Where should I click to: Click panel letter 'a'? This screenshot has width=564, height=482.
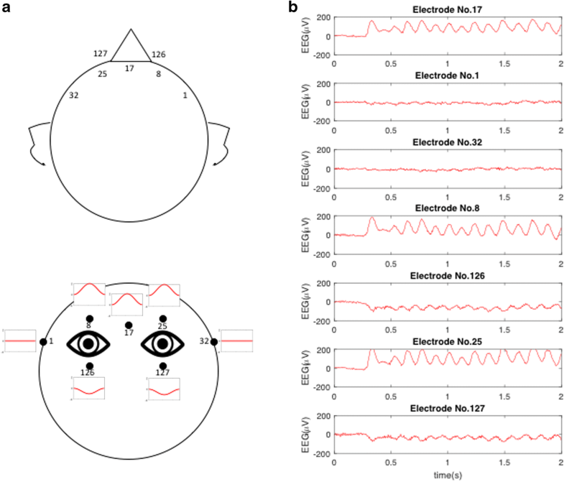[7, 7]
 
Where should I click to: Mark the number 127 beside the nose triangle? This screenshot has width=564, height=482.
[100, 53]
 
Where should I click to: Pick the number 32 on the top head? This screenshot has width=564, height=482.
[74, 96]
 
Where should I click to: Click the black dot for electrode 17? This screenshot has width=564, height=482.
[129, 325]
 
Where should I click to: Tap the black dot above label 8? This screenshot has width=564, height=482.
[89, 318]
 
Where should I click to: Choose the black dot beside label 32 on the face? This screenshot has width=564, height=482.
[213, 342]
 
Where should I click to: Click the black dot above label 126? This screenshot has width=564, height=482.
[89, 366]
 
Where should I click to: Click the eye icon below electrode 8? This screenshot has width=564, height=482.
[88, 343]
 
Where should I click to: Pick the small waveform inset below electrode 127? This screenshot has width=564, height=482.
[163, 389]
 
